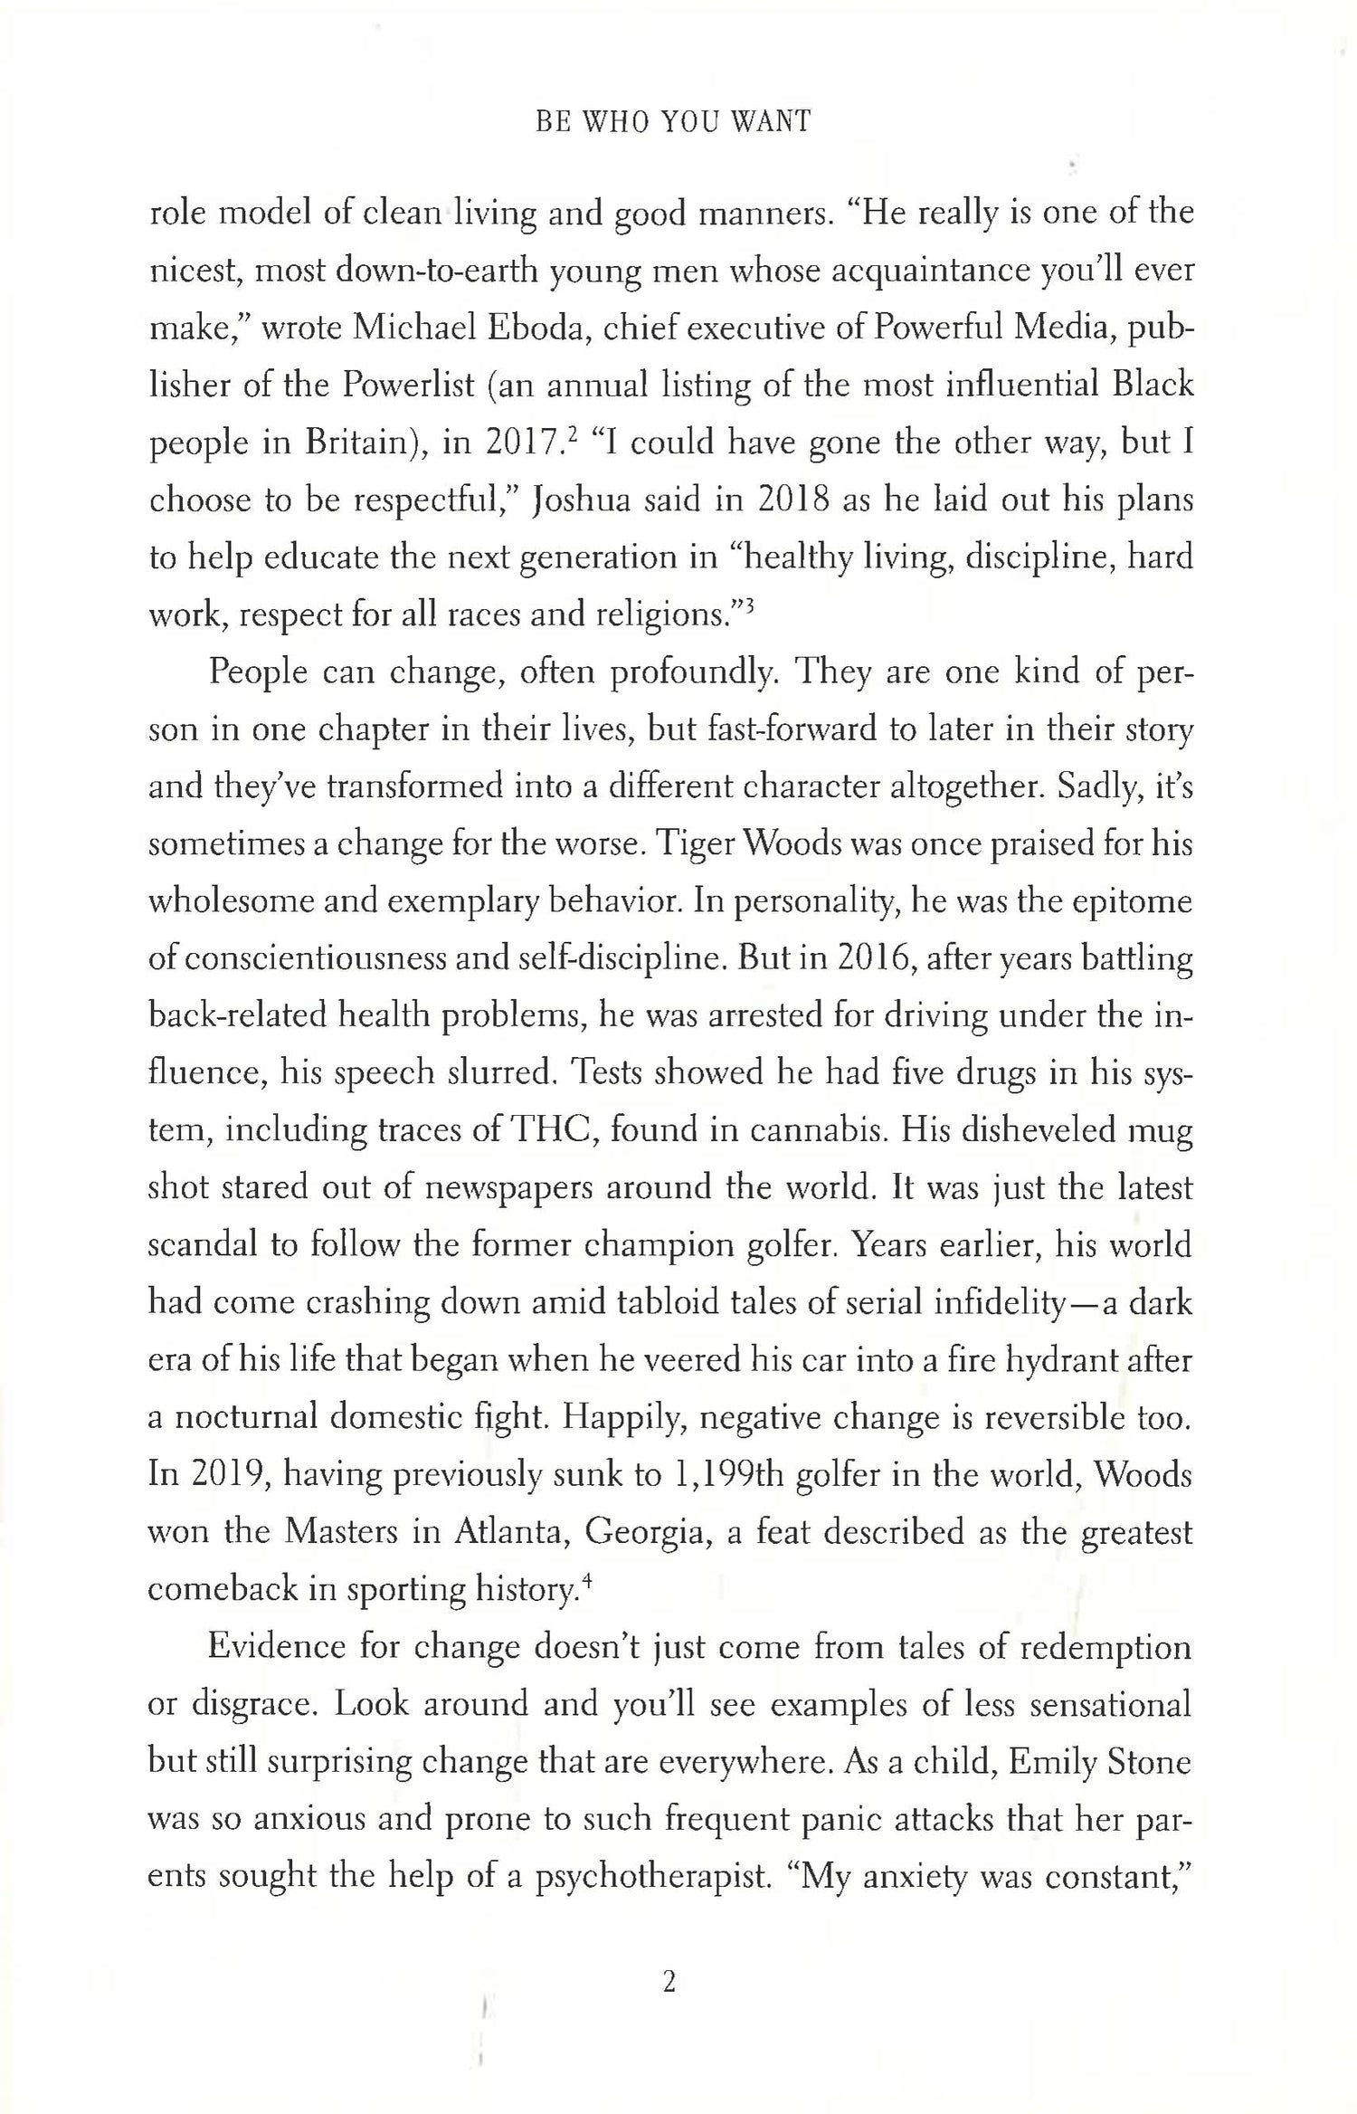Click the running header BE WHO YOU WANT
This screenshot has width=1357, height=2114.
673,122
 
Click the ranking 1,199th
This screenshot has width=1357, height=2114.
735,1475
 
